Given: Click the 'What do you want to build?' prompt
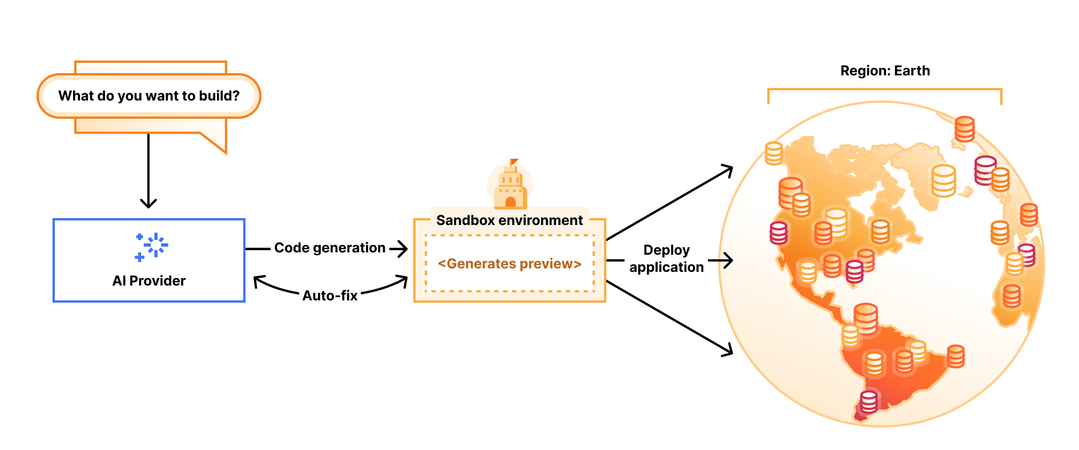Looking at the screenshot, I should [x=148, y=96].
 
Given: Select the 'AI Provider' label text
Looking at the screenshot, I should [x=149, y=281].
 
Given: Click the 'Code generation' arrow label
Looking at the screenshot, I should [x=329, y=248].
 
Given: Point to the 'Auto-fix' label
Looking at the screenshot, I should [x=330, y=296].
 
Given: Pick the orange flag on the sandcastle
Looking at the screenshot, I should [x=514, y=162].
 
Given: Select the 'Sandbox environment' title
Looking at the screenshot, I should [x=509, y=220].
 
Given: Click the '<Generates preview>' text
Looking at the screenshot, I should [x=509, y=264].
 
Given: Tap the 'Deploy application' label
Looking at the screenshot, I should [x=666, y=259].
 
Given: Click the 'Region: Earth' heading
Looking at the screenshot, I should [x=885, y=71].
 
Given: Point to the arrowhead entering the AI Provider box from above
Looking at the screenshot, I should [x=148, y=203].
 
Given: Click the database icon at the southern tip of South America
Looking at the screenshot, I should [x=868, y=401].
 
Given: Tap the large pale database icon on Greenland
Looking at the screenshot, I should [x=943, y=180].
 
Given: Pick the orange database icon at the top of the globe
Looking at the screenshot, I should [x=964, y=129].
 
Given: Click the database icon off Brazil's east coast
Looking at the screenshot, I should [x=956, y=356].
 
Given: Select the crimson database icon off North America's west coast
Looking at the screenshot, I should [x=778, y=232].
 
